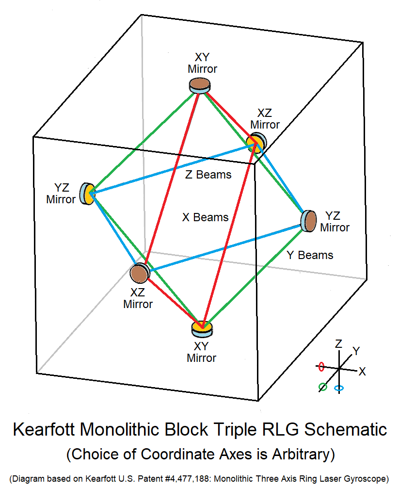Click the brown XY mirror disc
[x=200, y=85]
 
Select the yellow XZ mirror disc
[x=255, y=142]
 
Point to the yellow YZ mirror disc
[x=88, y=194]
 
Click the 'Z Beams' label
[x=208, y=175]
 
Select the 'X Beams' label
[x=205, y=217]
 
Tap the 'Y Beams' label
[x=310, y=255]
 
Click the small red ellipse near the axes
[x=320, y=367]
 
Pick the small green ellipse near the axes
[x=322, y=387]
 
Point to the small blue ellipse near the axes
[x=339, y=389]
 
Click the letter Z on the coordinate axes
[x=339, y=344]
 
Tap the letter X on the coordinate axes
[x=362, y=372]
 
